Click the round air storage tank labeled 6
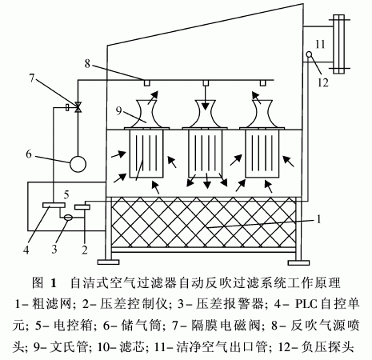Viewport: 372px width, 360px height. (x=78, y=164)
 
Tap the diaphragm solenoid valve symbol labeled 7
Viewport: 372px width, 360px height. (x=78, y=107)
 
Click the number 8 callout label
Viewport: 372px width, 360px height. (x=87, y=64)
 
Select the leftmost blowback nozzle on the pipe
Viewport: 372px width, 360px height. (x=147, y=83)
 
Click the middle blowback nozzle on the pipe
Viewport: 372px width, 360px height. (x=205, y=83)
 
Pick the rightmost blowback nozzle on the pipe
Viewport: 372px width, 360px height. (x=262, y=83)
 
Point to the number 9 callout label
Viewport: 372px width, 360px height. (x=119, y=110)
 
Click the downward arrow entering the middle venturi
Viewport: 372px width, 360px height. (x=205, y=98)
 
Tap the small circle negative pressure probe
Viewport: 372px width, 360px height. (x=310, y=54)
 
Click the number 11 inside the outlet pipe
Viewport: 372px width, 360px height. (x=320, y=44)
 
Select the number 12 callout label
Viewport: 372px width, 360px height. (x=323, y=82)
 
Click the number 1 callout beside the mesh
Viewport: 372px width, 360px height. (x=318, y=219)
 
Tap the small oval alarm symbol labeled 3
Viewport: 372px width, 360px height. (x=68, y=218)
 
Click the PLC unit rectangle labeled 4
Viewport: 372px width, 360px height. (x=54, y=205)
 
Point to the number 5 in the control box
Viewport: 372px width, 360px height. (x=66, y=194)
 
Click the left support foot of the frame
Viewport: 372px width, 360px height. (x=108, y=262)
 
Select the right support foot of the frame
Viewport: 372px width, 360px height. (x=298, y=262)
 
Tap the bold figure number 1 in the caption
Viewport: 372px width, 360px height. (x=54, y=282)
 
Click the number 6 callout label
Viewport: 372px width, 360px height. (x=29, y=154)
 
